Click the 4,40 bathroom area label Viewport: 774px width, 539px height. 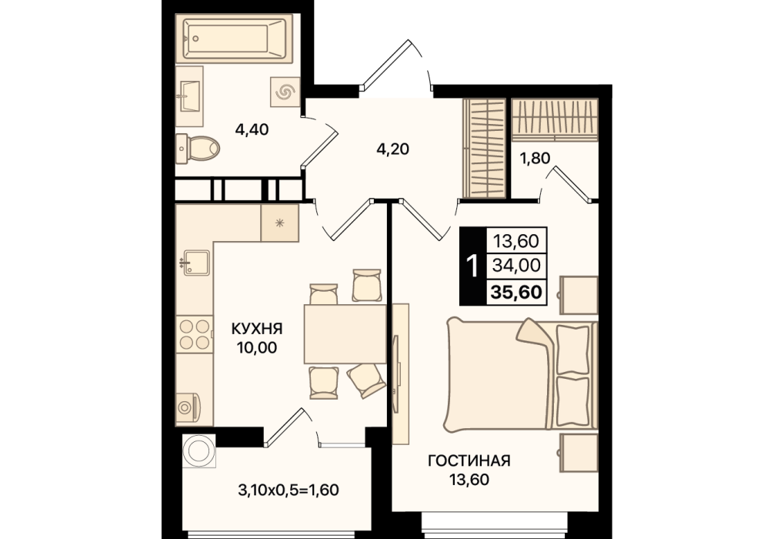tap(252, 130)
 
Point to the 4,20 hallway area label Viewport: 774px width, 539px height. tap(393, 149)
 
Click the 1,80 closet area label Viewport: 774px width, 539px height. tap(535, 159)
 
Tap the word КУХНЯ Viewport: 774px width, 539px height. tap(257, 329)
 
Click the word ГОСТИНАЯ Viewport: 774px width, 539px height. tap(469, 461)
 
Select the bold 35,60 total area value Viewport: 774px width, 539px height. tap(515, 293)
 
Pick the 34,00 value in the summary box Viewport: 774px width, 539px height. tap(516, 266)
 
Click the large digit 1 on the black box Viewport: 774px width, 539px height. tap(472, 266)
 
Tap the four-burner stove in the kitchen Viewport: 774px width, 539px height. tap(195, 334)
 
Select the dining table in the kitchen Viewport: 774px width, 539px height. tap(345, 334)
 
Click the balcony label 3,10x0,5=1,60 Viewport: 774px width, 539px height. tap(289, 490)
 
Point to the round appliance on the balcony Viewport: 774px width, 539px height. tap(199, 451)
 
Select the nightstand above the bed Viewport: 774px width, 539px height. tap(579, 295)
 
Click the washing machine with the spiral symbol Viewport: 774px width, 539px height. tap(285, 92)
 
